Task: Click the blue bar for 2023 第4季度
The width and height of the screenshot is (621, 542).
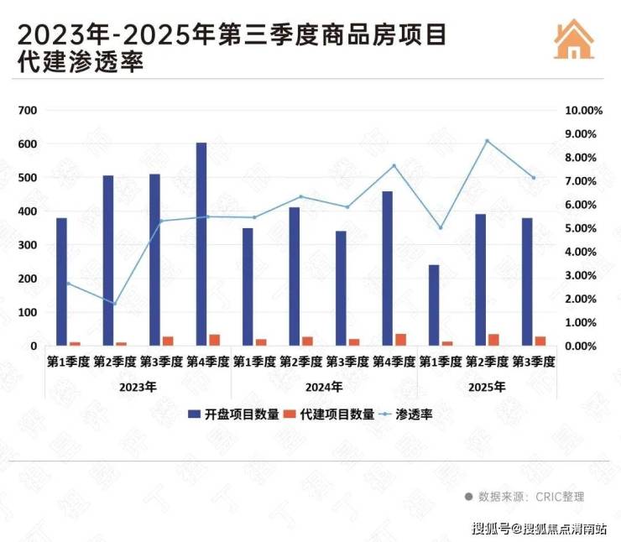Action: [201, 244]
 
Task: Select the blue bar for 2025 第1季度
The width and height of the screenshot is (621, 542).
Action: [434, 305]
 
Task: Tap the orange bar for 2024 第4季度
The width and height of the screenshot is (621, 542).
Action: [400, 339]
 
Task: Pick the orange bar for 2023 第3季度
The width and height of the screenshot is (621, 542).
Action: [168, 341]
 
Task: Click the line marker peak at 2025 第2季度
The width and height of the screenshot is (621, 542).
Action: [487, 141]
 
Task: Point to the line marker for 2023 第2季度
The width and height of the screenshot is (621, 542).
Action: [114, 303]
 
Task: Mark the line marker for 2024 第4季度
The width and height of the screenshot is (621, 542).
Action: [394, 165]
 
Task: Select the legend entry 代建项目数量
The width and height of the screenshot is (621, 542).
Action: [328, 414]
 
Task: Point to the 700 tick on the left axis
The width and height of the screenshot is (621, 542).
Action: [28, 111]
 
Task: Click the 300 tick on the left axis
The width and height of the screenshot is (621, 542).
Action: [28, 245]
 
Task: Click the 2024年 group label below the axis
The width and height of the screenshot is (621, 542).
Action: [324, 387]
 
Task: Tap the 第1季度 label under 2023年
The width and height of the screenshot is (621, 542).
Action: [67, 362]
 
